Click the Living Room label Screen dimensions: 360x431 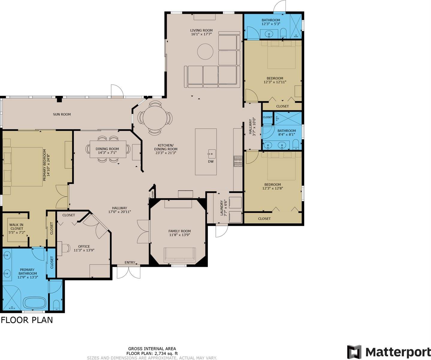(201, 30)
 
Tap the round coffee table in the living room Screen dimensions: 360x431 (205, 52)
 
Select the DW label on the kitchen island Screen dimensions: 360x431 (211, 162)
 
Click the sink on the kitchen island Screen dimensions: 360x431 (211, 154)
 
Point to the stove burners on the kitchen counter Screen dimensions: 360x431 (238, 161)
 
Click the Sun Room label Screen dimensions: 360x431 (62, 114)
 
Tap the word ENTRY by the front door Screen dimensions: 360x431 (130, 262)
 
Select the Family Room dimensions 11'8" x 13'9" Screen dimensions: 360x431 (180, 235)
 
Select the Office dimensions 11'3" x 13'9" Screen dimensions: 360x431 (84, 250)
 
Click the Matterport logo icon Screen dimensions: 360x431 (354, 352)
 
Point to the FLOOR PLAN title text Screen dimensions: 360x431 (27, 320)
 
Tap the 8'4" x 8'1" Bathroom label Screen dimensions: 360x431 (287, 133)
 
